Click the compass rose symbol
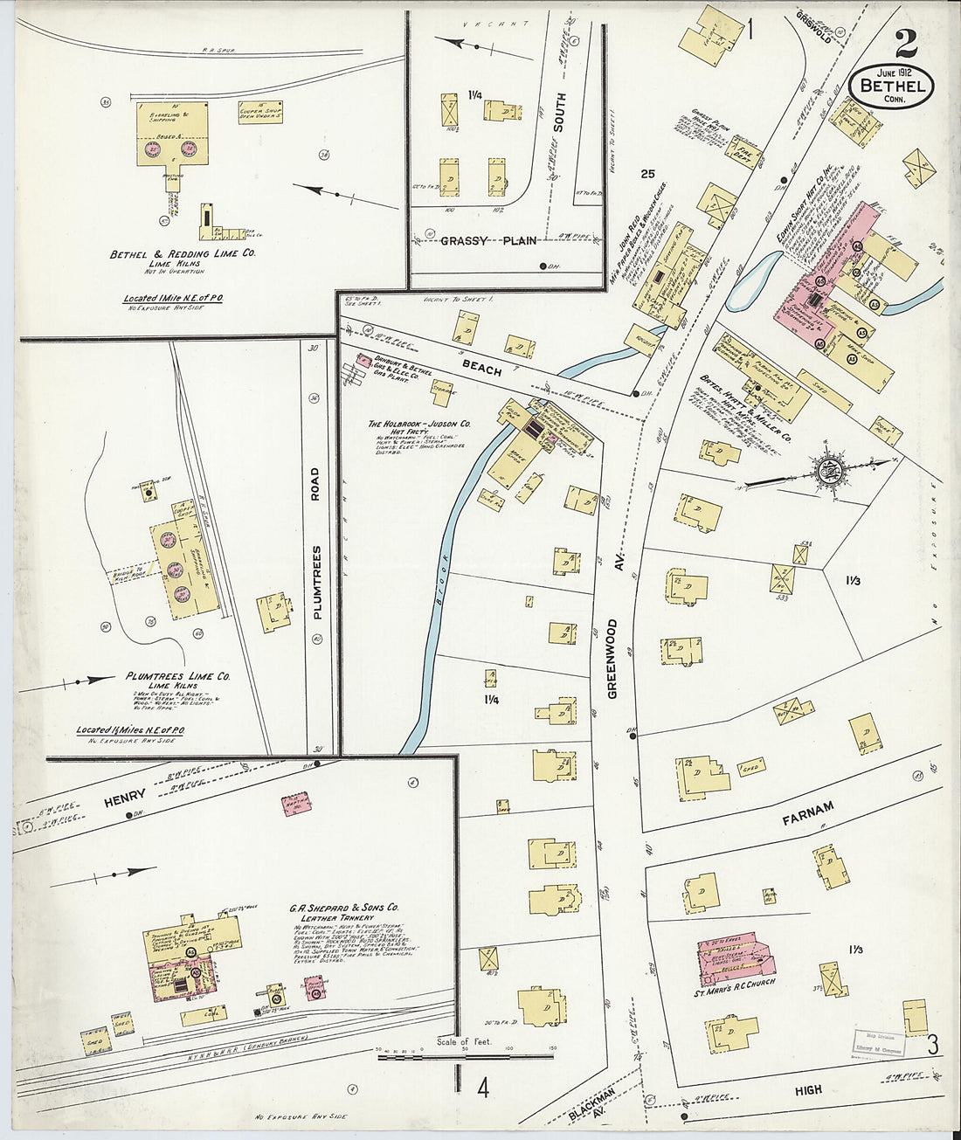(826, 469)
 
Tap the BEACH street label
(482, 368)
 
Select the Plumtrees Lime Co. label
(177, 676)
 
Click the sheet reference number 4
(481, 1088)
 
